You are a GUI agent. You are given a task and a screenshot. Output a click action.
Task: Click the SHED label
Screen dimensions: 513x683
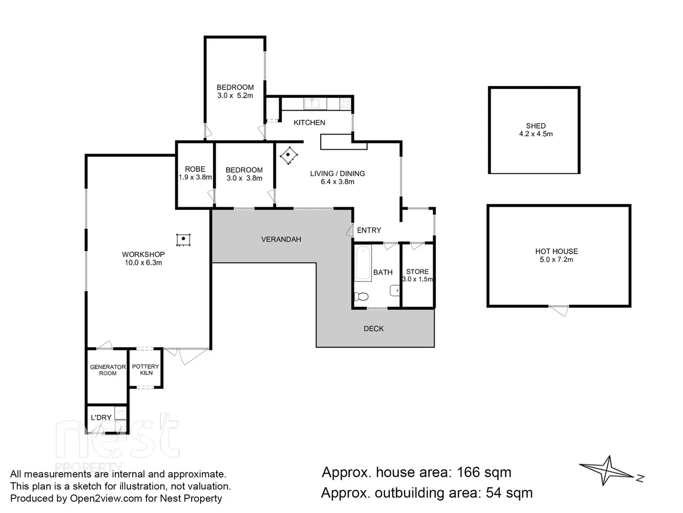coord(535,126)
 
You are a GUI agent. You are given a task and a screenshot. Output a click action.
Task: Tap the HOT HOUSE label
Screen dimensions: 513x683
coord(556,251)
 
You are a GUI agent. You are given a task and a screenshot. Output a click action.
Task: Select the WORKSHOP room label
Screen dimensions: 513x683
coord(143,255)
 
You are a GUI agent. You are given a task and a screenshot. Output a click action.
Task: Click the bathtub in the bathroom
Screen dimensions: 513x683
coord(363,263)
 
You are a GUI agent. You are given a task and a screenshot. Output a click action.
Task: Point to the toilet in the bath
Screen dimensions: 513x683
coord(362,297)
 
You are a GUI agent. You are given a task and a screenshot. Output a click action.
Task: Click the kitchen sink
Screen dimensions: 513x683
coord(312,103)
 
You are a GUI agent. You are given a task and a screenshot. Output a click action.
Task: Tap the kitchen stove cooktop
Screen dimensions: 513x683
coord(345,104)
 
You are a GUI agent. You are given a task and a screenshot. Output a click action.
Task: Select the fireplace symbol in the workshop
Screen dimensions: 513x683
coord(183,240)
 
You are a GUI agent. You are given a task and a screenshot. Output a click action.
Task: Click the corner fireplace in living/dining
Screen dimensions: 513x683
coord(289,155)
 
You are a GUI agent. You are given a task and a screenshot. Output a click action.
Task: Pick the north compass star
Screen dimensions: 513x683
coord(608,470)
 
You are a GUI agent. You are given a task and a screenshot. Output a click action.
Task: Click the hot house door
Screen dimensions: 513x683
coord(558,310)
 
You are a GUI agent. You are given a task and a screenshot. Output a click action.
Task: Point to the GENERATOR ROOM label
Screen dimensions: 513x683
coord(108,370)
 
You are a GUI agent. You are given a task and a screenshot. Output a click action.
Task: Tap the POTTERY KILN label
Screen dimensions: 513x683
coord(146,370)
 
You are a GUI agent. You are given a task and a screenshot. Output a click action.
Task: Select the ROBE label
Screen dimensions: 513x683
coord(195,169)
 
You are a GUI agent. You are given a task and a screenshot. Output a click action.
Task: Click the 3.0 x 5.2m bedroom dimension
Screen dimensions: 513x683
coord(235,95)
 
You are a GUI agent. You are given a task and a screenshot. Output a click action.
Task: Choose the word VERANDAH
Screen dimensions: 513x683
coord(281,239)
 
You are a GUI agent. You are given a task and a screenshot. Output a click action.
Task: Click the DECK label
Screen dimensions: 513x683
coord(374,329)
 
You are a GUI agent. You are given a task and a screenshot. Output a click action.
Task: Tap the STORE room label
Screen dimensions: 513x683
coord(417,272)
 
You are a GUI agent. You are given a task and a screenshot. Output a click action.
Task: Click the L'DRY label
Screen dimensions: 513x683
coord(101,418)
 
